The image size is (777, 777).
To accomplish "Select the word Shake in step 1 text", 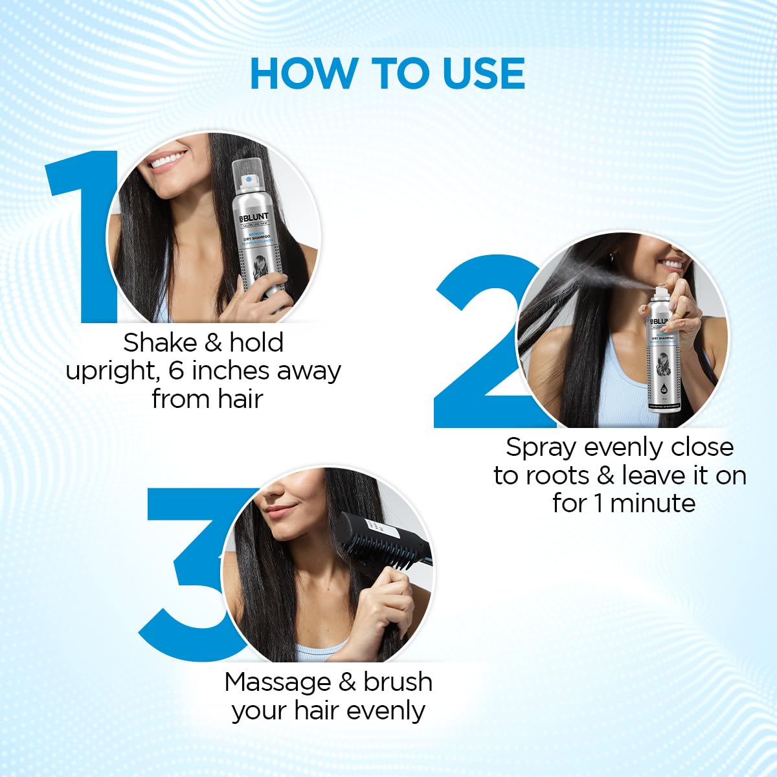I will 159,343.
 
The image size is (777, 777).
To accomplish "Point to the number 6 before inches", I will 176,371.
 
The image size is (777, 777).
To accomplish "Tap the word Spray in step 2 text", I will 541,447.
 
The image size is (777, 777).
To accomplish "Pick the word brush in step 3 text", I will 398,682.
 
